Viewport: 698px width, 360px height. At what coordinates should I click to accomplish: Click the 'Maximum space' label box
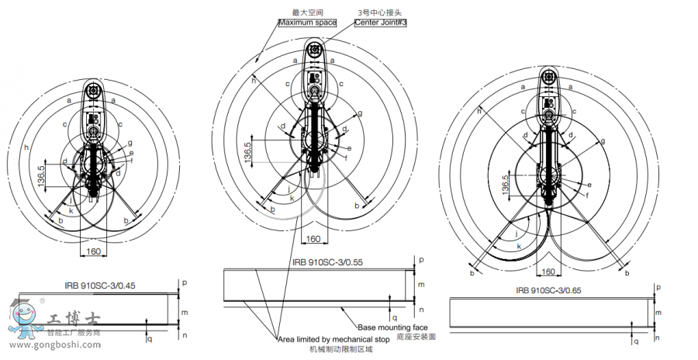309,22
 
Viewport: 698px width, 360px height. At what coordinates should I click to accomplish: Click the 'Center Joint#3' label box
381,22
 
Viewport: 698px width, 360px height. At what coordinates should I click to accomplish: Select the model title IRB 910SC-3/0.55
327,262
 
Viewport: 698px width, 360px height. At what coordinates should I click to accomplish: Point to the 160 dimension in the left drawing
93,252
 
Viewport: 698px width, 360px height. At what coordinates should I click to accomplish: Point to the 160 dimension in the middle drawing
313,238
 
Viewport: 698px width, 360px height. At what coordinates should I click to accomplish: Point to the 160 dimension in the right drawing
548,272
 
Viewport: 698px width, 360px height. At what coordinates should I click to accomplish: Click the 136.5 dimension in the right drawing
505,185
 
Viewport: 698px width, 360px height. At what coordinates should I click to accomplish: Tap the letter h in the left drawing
26,147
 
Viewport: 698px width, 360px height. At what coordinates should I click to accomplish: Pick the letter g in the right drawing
603,141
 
